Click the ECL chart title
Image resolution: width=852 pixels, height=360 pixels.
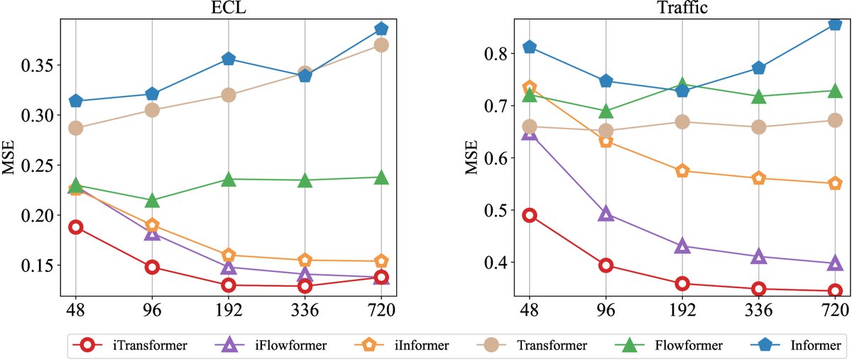point(228,8)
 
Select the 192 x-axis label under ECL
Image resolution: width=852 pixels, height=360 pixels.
point(229,311)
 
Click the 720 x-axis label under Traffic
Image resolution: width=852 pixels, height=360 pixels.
point(835,311)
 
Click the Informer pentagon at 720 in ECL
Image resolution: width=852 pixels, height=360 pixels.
point(381,29)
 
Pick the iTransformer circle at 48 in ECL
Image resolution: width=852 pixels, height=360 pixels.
point(75,227)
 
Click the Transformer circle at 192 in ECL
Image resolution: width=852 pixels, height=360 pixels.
point(229,95)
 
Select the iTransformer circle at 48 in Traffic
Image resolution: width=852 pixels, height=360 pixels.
point(529,215)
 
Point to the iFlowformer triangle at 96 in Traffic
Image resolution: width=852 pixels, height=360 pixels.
point(606,214)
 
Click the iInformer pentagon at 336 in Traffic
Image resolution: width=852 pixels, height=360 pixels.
point(759,178)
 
